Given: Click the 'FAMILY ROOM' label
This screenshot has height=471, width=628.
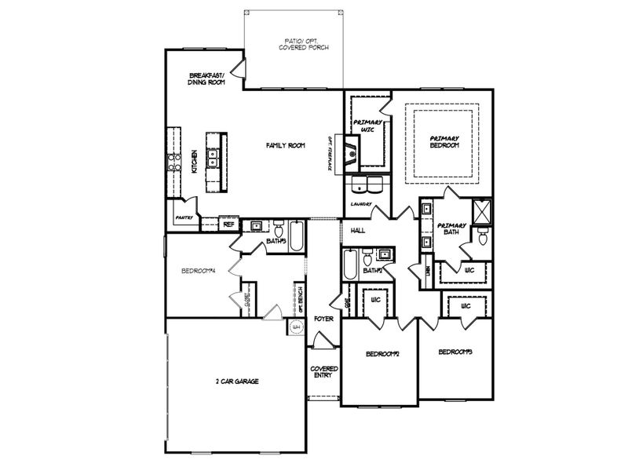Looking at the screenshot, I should tap(285, 145).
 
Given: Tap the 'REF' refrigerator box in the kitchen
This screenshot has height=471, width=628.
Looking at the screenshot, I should tap(229, 224).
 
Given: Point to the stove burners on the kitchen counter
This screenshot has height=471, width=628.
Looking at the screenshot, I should tap(173, 162).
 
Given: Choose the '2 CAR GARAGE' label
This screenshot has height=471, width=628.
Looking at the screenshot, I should tap(237, 381).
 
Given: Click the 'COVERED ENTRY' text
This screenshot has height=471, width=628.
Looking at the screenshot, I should tap(323, 371).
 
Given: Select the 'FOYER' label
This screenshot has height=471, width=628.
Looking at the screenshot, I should tap(323, 319).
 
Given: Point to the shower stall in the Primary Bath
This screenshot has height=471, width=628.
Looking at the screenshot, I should tap(480, 211).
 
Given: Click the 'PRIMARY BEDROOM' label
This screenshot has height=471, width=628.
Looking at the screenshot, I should tap(444, 142).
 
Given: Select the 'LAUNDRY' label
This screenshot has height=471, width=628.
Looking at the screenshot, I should tap(361, 203).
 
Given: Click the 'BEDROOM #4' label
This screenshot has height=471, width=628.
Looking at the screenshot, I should tap(198, 271).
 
